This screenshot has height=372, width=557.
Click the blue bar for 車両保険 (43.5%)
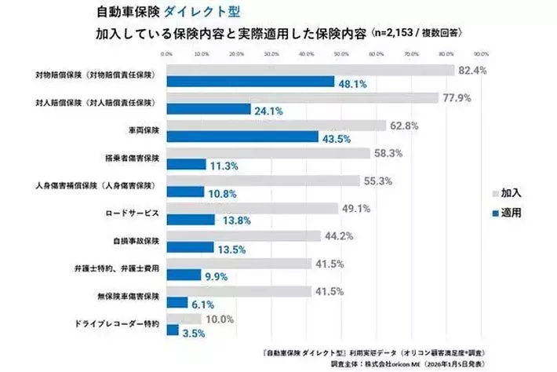coord(251,137)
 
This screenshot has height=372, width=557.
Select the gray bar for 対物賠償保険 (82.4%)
coord(310,71)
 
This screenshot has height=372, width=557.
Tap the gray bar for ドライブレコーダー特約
coord(184,319)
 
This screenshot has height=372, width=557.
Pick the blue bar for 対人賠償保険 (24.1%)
coord(209,110)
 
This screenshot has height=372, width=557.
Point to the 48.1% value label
coord(352,82)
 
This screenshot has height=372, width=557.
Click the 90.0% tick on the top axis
coord(481,54)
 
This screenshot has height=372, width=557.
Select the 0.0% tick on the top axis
coord(167,54)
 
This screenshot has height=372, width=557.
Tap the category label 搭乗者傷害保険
coord(132,158)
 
